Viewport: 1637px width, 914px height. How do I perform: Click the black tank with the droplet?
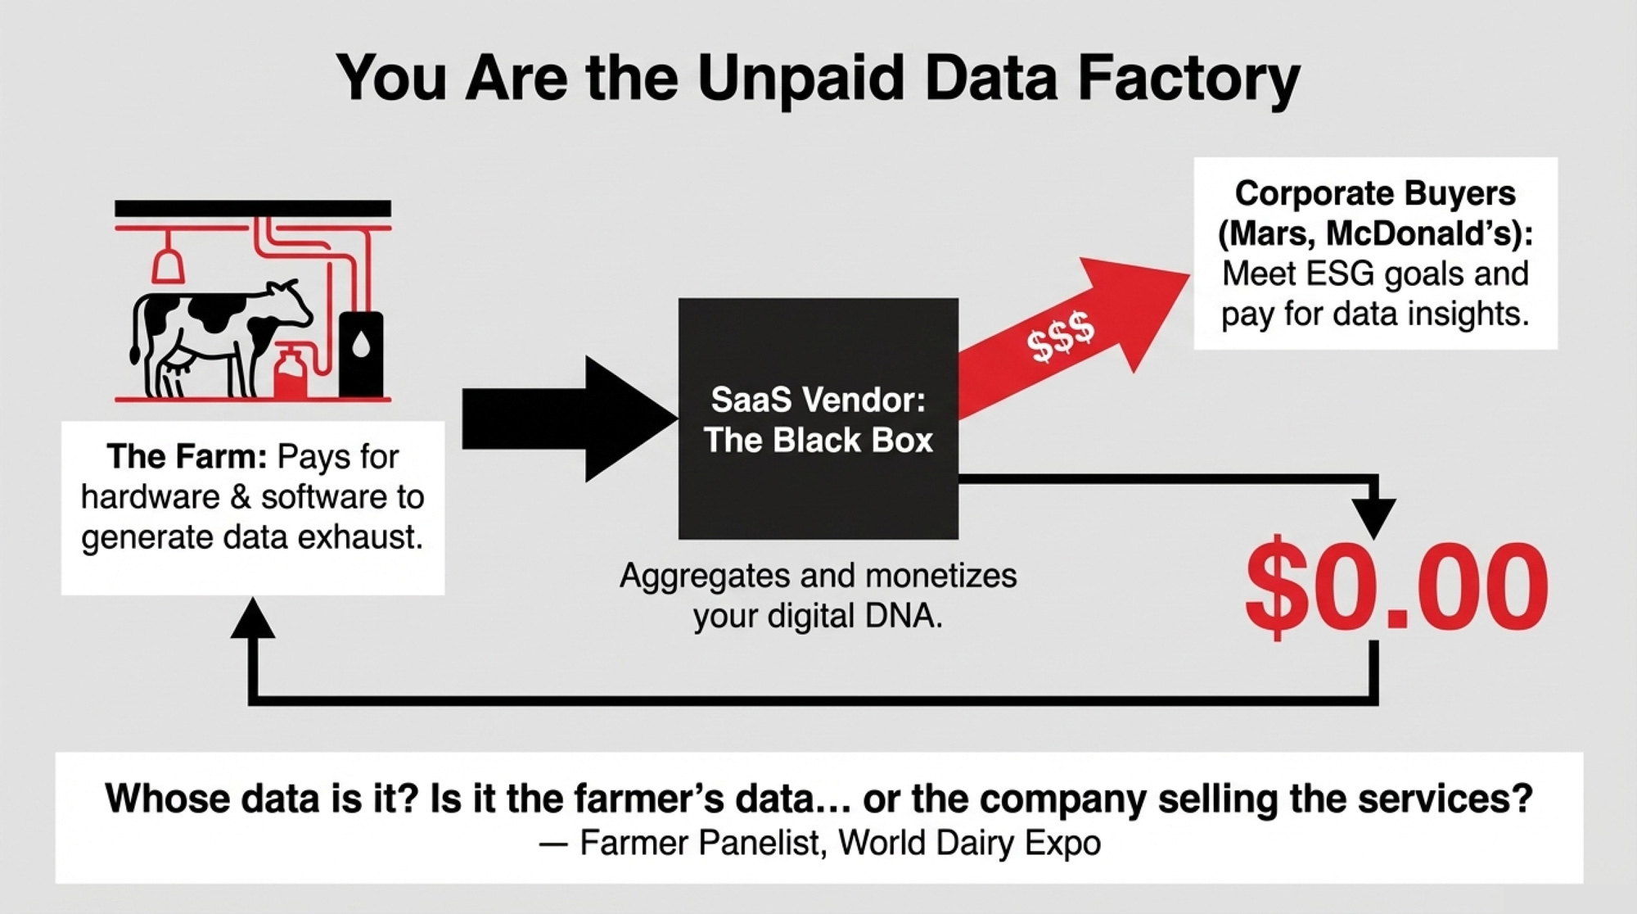[361, 354]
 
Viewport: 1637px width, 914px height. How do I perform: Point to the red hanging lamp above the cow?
[168, 260]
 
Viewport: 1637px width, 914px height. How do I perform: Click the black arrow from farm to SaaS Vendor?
[570, 419]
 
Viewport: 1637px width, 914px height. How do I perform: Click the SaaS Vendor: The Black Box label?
[818, 420]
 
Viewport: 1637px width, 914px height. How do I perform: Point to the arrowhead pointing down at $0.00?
[1374, 518]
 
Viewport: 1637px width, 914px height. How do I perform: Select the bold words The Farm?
[186, 456]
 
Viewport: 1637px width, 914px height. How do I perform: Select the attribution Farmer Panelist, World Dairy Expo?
[840, 842]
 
